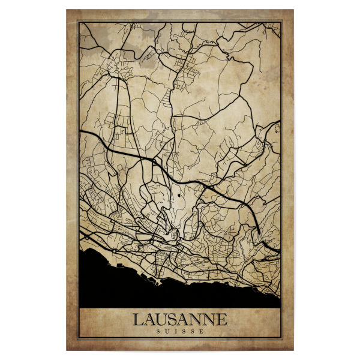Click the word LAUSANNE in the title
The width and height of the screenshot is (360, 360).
(x=179, y=319)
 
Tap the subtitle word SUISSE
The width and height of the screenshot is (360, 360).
(x=179, y=331)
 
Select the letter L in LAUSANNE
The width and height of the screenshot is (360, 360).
(x=139, y=319)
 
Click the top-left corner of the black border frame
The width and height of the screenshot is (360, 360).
(x=78, y=21)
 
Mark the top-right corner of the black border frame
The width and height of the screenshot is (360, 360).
(x=282, y=21)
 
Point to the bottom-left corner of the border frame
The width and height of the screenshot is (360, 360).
(x=78, y=340)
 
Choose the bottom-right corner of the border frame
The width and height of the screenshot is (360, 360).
(x=282, y=340)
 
